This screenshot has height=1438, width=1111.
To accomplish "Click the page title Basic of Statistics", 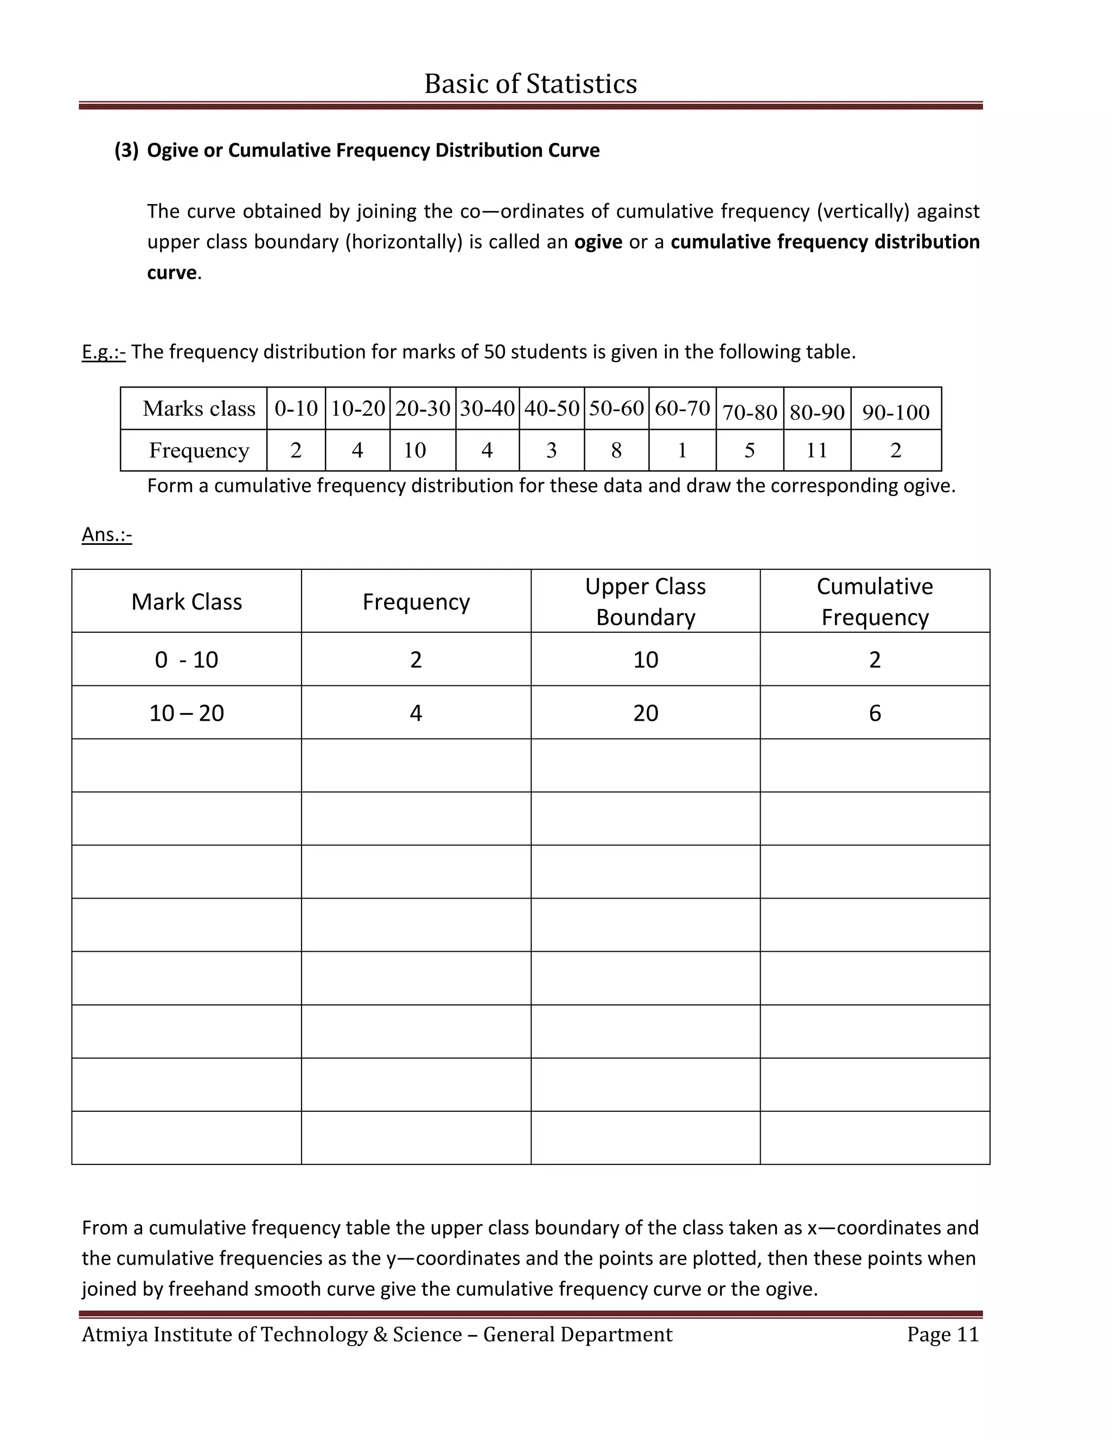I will pyautogui.click(x=531, y=84).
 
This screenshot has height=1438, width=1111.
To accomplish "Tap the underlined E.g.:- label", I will pyautogui.click(x=103, y=352).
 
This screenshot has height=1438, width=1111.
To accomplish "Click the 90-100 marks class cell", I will pyautogui.click(x=895, y=412).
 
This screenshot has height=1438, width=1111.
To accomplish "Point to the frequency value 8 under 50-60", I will pyautogui.click(x=616, y=450).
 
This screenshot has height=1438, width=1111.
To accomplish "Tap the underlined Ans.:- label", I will pyautogui.click(x=107, y=534).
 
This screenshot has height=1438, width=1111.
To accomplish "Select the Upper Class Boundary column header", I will pyautogui.click(x=645, y=601).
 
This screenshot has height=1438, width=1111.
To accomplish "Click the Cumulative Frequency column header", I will pyautogui.click(x=874, y=601).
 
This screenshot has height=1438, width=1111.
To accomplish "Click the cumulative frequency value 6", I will pyautogui.click(x=874, y=713).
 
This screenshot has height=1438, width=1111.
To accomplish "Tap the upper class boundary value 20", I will pyautogui.click(x=645, y=713).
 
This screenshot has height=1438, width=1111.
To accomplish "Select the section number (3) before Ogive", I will pyautogui.click(x=126, y=150).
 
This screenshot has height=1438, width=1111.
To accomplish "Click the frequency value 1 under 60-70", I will pyautogui.click(x=682, y=450).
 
